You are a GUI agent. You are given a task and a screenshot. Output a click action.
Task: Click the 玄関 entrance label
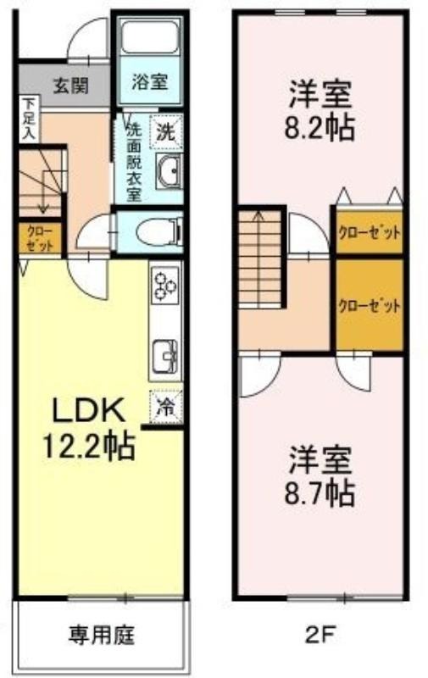tap(70, 86)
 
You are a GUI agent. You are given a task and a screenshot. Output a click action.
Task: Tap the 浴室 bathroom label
tap(148, 81)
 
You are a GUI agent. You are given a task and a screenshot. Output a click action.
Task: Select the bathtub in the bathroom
tap(149, 36)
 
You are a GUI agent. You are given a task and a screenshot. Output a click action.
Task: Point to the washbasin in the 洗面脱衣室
tap(168, 171)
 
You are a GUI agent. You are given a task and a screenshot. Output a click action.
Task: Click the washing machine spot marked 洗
tap(165, 131)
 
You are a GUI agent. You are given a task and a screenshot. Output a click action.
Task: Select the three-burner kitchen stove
tap(165, 285)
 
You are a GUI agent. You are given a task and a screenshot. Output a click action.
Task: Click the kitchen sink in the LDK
tap(165, 356)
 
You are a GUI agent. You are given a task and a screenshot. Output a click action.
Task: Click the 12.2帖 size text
tap(89, 447)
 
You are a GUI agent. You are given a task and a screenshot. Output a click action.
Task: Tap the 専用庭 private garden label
tap(102, 635)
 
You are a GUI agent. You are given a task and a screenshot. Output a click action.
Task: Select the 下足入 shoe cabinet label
tap(30, 119)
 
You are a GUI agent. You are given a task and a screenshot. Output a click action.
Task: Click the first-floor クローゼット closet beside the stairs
tap(40, 238)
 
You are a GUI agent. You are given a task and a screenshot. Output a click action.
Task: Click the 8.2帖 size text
tap(320, 127)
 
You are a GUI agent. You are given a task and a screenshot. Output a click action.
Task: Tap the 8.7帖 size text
tap(320, 493)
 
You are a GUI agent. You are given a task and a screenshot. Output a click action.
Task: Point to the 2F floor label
tap(319, 635)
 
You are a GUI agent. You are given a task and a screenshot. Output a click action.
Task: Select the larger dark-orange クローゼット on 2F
tap(370, 304)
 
